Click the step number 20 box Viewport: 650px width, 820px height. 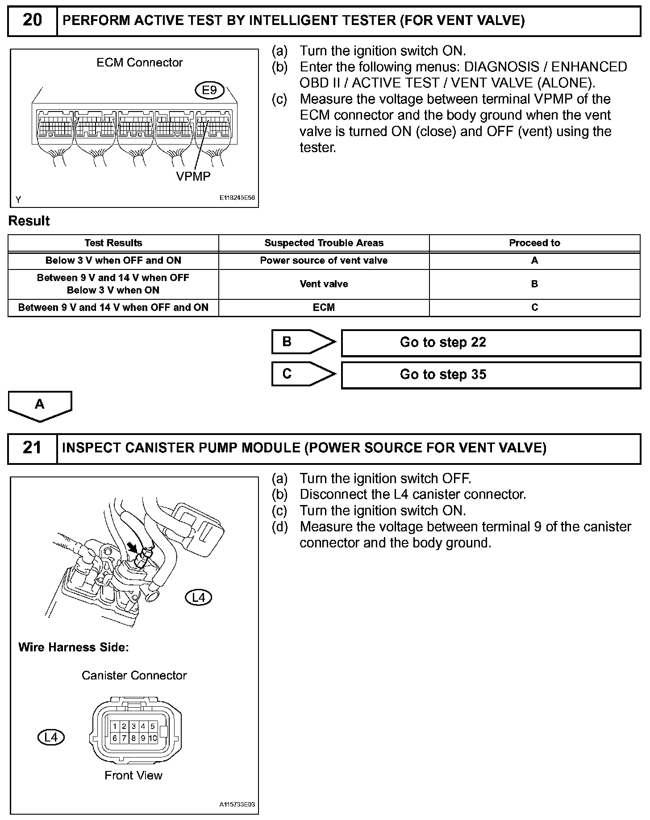point(32,21)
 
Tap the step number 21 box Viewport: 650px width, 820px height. point(32,448)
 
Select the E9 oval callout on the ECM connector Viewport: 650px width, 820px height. point(209,91)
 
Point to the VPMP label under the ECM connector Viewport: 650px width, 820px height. point(193,177)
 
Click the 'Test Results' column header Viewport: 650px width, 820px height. point(113,243)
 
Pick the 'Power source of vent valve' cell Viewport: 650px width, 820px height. point(324,261)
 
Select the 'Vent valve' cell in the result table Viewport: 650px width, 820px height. point(324,284)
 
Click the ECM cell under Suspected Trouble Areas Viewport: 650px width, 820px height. point(324,308)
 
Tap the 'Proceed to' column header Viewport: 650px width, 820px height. point(534,243)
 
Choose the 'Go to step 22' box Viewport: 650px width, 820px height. point(491,343)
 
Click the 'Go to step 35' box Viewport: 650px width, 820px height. point(491,375)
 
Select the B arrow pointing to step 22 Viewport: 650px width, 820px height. point(303,342)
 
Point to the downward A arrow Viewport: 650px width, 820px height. point(40,405)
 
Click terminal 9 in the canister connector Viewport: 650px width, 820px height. point(143,738)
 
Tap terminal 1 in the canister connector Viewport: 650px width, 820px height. point(115,727)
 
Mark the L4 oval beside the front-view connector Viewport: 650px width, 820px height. point(51,737)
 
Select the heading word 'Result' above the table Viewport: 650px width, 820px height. point(29,221)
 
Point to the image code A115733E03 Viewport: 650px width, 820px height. point(237,805)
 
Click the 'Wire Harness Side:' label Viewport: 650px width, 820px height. point(74,647)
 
